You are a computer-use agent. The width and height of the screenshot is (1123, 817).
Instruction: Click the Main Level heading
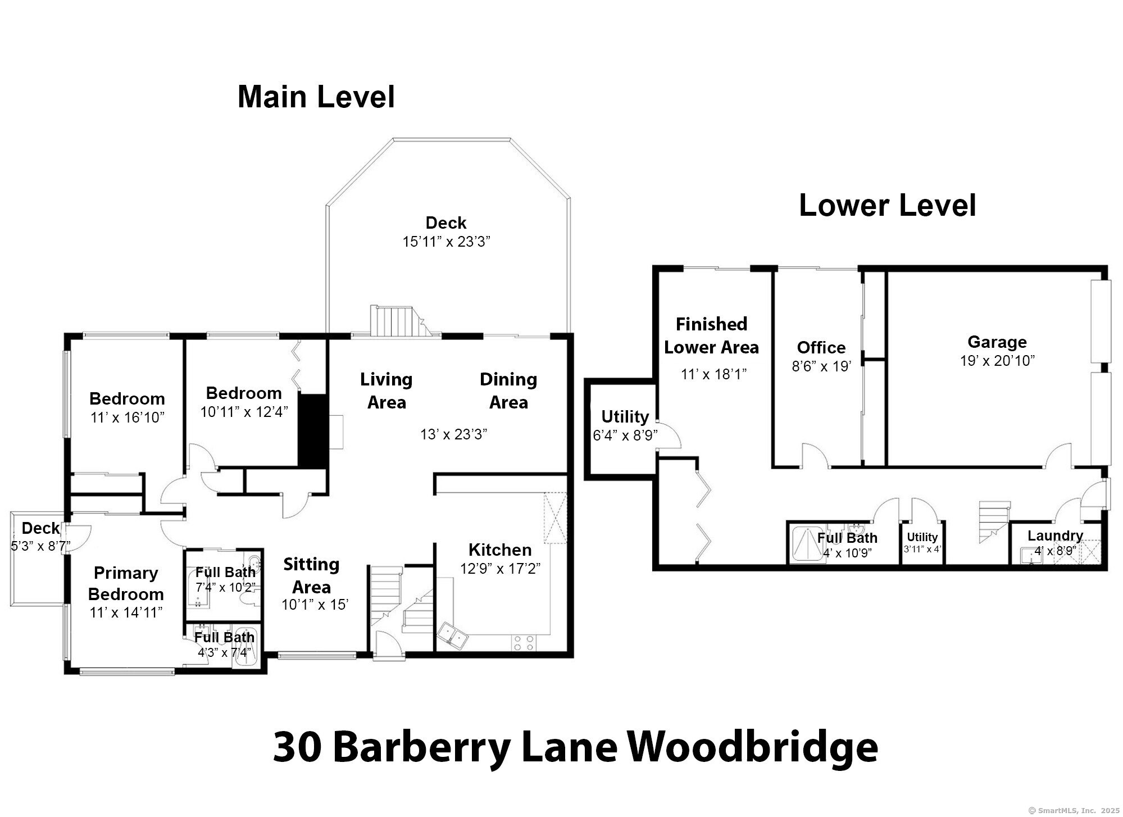click(316, 97)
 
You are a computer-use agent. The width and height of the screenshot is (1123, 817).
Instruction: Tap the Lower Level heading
click(887, 206)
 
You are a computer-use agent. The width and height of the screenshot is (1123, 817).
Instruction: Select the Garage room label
click(997, 342)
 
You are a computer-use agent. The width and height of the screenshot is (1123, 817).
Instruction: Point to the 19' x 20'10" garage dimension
click(997, 361)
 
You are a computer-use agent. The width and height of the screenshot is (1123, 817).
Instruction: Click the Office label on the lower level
click(821, 347)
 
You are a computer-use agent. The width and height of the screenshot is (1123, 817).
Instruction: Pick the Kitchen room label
click(499, 550)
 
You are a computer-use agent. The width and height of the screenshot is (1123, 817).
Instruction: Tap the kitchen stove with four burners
click(523, 643)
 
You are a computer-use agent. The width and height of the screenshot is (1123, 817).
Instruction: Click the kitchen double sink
click(453, 636)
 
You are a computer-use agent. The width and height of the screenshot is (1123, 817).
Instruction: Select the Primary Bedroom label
click(126, 583)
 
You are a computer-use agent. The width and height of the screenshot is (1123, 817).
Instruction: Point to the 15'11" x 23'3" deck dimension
click(446, 242)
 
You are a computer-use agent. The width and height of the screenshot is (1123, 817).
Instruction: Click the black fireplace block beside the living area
click(312, 430)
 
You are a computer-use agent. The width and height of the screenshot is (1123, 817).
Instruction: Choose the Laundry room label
click(1055, 535)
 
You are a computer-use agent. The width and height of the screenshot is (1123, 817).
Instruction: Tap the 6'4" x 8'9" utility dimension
click(625, 435)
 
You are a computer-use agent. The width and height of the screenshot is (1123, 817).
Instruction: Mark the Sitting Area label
click(311, 575)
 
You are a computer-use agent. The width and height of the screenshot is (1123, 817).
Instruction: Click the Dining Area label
click(508, 391)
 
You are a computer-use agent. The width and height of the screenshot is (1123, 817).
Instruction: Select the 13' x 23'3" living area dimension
click(453, 434)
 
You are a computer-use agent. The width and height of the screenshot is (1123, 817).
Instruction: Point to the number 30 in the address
click(297, 747)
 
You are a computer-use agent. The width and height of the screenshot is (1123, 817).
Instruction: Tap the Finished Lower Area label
click(711, 335)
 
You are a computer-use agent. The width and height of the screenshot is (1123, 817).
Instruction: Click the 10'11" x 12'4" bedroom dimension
click(244, 412)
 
